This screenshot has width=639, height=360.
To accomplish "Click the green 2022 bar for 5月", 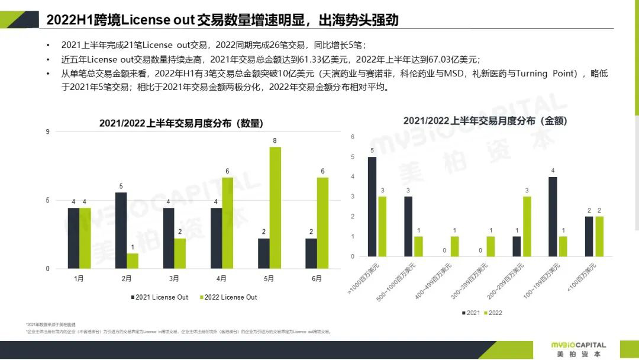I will [x=275, y=208].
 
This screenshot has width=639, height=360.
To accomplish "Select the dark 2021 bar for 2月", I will [x=121, y=230].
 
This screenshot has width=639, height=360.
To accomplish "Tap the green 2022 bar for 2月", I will [x=133, y=261].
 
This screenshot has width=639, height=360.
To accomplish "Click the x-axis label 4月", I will [x=222, y=279].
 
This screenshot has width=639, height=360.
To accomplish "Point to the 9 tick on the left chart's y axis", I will [x=48, y=131].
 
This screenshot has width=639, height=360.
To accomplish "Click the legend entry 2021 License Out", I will [x=159, y=297].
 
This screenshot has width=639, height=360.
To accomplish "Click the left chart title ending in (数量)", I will [x=181, y=123].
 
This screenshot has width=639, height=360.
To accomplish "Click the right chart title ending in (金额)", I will [x=485, y=120].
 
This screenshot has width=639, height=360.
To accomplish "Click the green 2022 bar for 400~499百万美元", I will [x=455, y=246].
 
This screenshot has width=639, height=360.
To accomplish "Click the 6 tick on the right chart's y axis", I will [x=353, y=137].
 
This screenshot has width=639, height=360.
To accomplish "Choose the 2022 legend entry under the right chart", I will [x=492, y=313].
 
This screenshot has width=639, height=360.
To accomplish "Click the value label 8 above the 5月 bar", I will [x=275, y=140].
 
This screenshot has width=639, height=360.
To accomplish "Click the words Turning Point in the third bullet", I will [x=547, y=74].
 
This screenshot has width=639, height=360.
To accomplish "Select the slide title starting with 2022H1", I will [x=222, y=20].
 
